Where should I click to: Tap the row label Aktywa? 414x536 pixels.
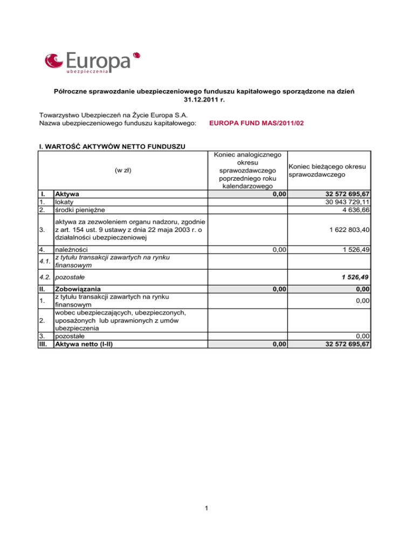click(x=68, y=194)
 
